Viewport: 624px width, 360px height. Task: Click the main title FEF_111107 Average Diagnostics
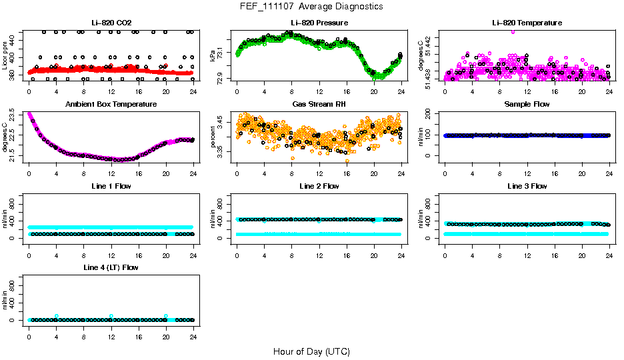(x=312, y=6)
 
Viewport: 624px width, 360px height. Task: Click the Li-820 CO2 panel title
(x=111, y=23)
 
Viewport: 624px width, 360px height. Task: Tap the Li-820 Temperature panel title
(x=527, y=23)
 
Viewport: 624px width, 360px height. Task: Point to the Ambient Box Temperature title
(x=111, y=104)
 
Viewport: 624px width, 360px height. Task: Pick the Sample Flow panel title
(x=527, y=104)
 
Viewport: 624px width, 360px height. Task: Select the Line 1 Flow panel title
(x=111, y=186)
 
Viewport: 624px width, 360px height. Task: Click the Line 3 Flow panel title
(x=527, y=186)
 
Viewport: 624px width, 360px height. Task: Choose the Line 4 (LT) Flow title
(x=111, y=267)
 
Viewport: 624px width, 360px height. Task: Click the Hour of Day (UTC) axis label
(x=311, y=351)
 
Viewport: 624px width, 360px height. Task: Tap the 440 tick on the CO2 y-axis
(x=15, y=41)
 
